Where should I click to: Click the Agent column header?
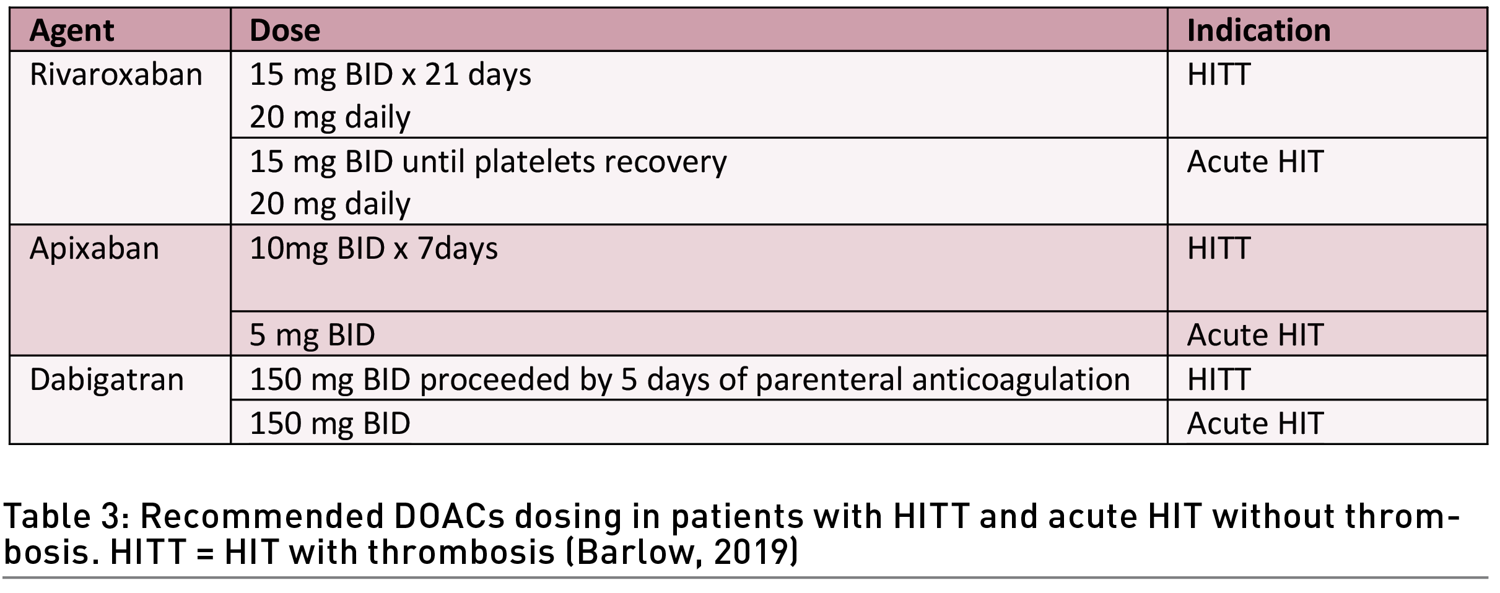[x=72, y=31]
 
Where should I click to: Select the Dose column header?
[x=285, y=30]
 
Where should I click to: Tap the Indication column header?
[x=1258, y=30]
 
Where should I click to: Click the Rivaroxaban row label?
[x=116, y=74]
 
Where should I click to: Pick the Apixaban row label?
[x=94, y=249]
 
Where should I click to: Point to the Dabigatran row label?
[x=107, y=379]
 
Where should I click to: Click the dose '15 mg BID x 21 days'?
[x=390, y=75]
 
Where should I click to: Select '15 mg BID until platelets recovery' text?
[x=488, y=162]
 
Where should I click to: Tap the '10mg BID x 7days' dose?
[x=373, y=249]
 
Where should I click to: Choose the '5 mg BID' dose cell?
[x=312, y=335]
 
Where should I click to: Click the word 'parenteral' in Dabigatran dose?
[x=829, y=380]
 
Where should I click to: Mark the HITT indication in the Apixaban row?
[x=1218, y=248]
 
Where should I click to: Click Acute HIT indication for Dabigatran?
[x=1255, y=423]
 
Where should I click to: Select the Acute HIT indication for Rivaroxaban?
[x=1255, y=162]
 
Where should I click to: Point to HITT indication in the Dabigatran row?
[x=1218, y=379]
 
